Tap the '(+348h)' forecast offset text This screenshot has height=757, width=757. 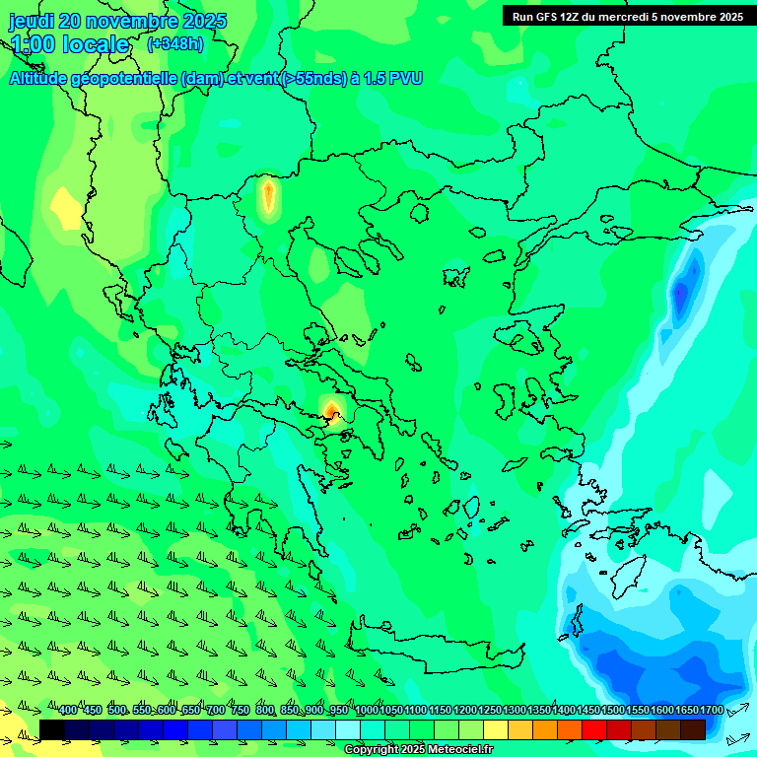click(x=175, y=44)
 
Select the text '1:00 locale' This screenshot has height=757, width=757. click(x=70, y=44)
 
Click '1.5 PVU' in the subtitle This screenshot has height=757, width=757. click(x=393, y=78)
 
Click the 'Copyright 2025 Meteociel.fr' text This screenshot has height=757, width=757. click(x=418, y=750)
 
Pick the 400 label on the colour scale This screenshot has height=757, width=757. click(x=68, y=710)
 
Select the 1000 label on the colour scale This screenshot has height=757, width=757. click(x=367, y=710)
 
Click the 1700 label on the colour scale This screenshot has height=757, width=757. click(x=712, y=710)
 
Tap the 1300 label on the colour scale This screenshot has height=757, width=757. click(x=515, y=710)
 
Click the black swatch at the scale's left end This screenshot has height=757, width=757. click(x=52, y=729)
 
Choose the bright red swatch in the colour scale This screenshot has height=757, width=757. click(x=594, y=729)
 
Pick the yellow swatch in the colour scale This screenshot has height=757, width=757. click(x=496, y=729)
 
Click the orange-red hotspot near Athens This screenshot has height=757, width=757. click(x=332, y=410)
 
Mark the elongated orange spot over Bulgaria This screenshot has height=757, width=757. click(x=268, y=195)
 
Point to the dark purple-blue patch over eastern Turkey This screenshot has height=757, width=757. click(x=680, y=293)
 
